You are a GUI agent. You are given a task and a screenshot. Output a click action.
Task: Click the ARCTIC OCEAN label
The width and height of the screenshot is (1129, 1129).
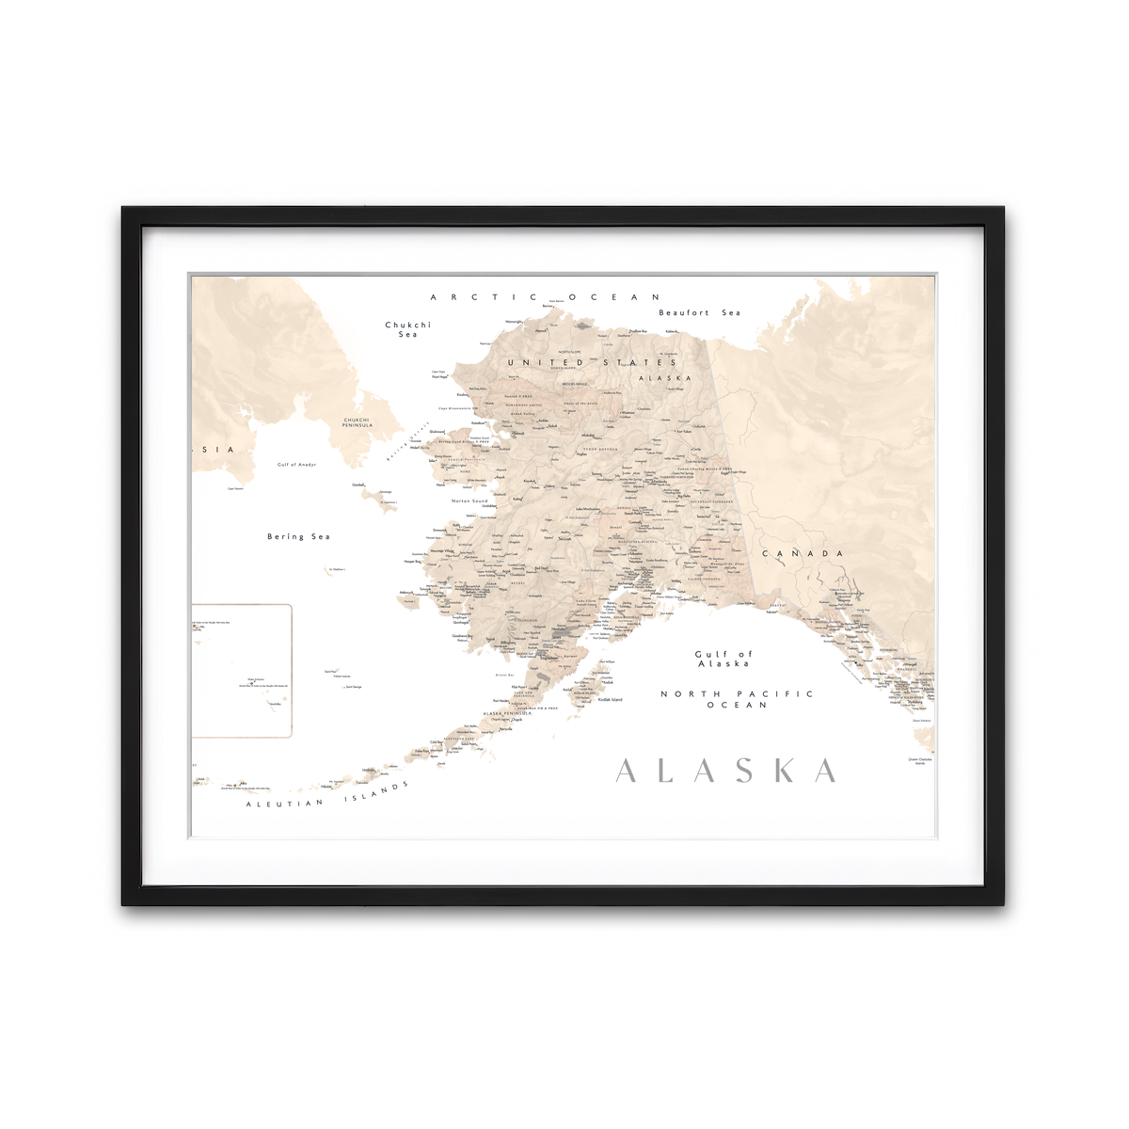546,297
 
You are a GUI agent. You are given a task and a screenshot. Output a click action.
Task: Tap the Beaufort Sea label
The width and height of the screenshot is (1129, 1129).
699,312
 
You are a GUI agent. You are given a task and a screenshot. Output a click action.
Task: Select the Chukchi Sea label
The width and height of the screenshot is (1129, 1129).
407,329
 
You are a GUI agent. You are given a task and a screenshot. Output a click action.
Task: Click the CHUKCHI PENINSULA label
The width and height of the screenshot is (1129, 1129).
358,422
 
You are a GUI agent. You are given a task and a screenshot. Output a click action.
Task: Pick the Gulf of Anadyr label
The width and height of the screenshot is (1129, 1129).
296,465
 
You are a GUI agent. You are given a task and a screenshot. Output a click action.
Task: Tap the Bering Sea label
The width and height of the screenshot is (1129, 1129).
298,536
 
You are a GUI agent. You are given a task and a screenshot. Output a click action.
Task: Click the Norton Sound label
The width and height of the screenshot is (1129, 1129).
469,501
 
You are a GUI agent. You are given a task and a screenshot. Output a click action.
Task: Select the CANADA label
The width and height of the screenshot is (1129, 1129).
803,553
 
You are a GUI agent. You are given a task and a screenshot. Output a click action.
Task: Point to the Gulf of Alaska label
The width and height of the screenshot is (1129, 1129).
724,659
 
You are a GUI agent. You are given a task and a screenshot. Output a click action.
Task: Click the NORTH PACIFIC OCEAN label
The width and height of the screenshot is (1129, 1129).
737,699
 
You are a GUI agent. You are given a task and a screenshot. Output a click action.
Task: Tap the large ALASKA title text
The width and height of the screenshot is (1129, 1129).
725,771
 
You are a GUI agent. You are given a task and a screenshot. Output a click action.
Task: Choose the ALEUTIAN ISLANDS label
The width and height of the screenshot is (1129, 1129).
328,796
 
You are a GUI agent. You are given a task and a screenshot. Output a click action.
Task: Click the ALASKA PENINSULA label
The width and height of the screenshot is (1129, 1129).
507,713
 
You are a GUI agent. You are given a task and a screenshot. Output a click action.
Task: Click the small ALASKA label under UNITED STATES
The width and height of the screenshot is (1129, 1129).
664,378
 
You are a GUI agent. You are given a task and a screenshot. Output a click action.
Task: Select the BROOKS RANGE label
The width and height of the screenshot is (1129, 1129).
575,384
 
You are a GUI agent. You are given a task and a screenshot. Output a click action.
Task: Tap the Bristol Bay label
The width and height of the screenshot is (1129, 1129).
504,676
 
